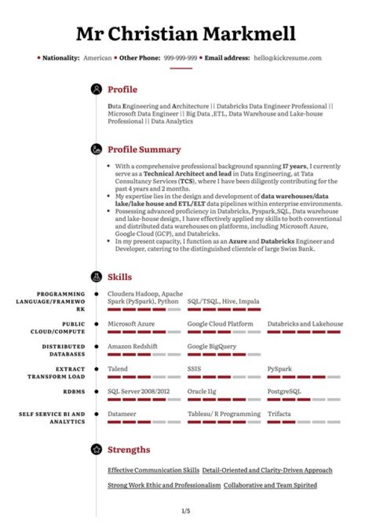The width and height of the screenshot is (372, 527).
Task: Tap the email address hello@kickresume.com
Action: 287,58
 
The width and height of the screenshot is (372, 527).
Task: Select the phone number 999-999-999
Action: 180,58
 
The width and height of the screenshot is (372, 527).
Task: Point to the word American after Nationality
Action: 98,58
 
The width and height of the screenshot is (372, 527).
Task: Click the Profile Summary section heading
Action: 144,150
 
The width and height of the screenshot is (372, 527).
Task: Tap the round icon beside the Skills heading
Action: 96,277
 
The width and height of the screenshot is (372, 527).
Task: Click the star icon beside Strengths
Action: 96,449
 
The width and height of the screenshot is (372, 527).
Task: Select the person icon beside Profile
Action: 96,90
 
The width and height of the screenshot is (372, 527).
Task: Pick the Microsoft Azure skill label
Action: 131,324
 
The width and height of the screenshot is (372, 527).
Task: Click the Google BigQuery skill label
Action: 212,346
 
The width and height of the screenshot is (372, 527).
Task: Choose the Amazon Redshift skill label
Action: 132,346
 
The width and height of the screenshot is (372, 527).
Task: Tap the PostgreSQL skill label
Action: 284,391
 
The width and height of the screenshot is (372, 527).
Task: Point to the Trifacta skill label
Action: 279,414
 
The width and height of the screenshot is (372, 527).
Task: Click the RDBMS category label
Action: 74,392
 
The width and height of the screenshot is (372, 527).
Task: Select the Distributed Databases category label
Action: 64,350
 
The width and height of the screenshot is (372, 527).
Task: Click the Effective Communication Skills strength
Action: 153,470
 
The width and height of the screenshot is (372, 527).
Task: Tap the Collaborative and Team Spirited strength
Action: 270,485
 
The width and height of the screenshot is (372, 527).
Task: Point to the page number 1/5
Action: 186,511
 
